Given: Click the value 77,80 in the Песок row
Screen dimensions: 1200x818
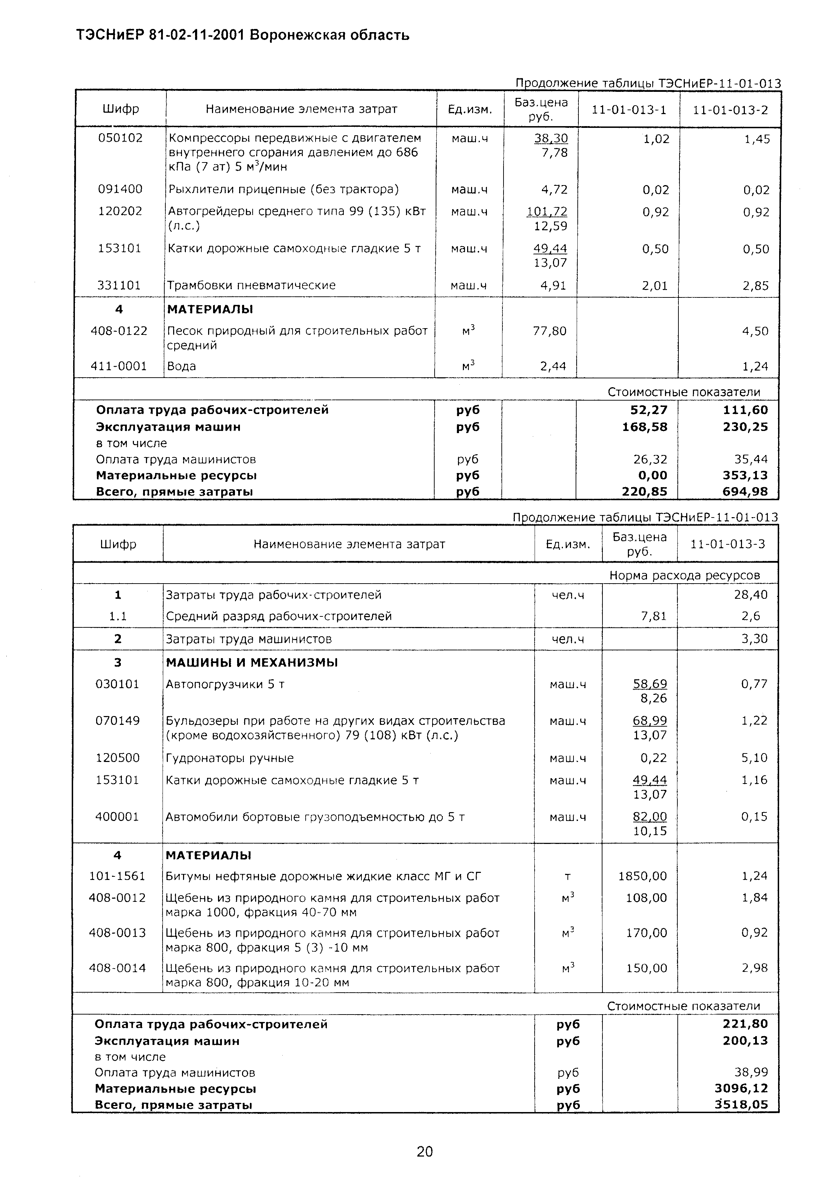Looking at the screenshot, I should [549, 331].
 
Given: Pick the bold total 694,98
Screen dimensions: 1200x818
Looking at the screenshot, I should [745, 492].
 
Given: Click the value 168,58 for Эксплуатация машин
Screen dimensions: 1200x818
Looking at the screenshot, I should [645, 427].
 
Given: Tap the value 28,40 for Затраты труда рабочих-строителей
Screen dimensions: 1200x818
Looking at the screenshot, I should [751, 595].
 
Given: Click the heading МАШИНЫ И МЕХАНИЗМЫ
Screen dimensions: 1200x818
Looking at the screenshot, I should [252, 662].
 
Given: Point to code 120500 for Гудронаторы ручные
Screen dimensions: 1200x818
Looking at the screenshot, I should [118, 758].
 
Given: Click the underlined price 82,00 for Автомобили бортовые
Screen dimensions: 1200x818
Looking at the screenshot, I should [650, 816].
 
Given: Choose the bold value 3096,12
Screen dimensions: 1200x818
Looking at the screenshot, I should [741, 1088].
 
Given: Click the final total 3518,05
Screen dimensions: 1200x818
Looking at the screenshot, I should [741, 1105].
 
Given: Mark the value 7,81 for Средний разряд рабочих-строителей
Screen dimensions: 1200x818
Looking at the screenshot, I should [653, 616].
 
